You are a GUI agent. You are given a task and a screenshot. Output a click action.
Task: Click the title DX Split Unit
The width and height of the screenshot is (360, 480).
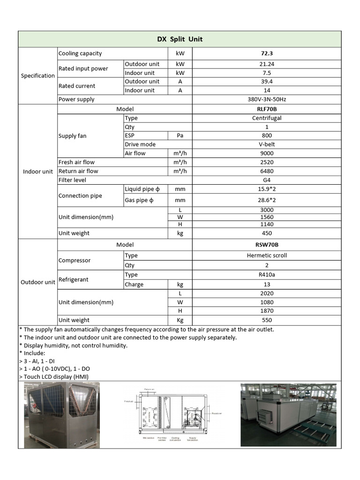(x=180, y=39)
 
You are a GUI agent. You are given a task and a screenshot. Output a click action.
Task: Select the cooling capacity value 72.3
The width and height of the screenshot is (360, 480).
(x=267, y=53)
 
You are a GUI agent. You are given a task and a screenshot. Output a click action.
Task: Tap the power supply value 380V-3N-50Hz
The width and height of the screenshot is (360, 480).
(x=267, y=99)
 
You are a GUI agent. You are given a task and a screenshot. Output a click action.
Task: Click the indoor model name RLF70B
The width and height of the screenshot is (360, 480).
(x=267, y=109)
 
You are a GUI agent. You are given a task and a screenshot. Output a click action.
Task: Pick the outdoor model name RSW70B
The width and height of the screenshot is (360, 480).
(x=267, y=245)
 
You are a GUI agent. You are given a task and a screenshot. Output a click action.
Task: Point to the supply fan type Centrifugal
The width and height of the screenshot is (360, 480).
(x=267, y=118)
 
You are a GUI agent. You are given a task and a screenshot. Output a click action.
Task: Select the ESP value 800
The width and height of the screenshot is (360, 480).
(x=267, y=135)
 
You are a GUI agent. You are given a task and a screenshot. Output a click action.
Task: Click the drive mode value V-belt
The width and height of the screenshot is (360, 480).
(x=267, y=144)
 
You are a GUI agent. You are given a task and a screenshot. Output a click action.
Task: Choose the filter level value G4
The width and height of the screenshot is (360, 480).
(x=267, y=180)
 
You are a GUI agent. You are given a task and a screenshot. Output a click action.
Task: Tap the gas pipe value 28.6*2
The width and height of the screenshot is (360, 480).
(x=267, y=200)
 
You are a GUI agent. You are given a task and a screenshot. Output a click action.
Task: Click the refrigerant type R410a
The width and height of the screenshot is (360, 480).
(x=267, y=275)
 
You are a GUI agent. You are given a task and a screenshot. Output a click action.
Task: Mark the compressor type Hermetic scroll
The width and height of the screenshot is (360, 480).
(x=267, y=255)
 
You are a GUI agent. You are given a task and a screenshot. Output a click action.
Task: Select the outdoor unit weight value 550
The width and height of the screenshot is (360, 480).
(x=267, y=320)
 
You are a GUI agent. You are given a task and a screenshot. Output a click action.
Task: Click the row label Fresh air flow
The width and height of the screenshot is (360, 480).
(x=76, y=162)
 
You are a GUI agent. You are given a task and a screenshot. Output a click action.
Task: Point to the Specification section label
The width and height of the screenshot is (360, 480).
(x=37, y=76)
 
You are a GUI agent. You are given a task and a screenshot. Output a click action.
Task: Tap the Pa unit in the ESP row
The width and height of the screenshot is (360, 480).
(x=180, y=135)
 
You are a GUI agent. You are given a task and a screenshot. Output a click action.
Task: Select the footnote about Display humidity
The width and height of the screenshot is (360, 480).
(x=73, y=345)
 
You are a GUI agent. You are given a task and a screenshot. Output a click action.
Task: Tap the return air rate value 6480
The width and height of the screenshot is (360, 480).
(x=267, y=171)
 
